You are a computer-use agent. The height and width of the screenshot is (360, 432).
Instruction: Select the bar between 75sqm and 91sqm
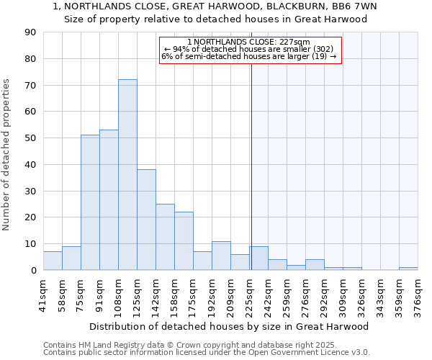coord(90,202)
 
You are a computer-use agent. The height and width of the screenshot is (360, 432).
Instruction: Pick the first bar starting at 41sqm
coord(53,261)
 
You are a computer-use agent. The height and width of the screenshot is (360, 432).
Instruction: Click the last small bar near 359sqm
coord(408,269)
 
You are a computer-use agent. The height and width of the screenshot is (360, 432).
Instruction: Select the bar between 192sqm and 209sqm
coord(221,256)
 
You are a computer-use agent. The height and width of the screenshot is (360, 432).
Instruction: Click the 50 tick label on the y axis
coord(30,138)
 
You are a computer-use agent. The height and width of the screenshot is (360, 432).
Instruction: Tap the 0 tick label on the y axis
coord(33,271)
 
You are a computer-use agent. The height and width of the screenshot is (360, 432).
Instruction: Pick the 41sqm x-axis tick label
coord(43,296)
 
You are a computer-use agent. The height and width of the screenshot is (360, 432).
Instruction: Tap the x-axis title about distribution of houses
coord(230,326)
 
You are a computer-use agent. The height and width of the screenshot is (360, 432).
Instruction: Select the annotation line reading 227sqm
coord(248,42)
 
